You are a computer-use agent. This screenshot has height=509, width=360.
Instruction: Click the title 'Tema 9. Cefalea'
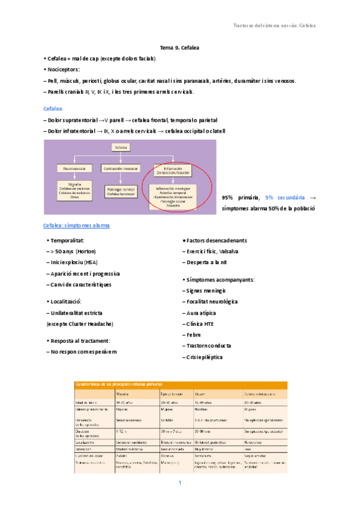(x=179, y=47)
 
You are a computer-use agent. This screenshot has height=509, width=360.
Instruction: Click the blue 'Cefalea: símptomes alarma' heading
(x=76, y=225)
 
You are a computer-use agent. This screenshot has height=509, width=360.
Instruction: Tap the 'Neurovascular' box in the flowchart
(x=74, y=169)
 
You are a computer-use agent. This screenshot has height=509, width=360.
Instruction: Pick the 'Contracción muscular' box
(x=121, y=169)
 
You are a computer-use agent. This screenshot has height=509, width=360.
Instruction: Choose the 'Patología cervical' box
(x=121, y=192)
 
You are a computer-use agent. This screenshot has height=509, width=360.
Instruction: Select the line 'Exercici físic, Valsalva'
(x=212, y=251)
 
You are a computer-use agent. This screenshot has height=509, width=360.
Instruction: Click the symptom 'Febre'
(x=193, y=335)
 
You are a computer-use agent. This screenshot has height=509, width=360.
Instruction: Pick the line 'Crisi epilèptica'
(x=205, y=357)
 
